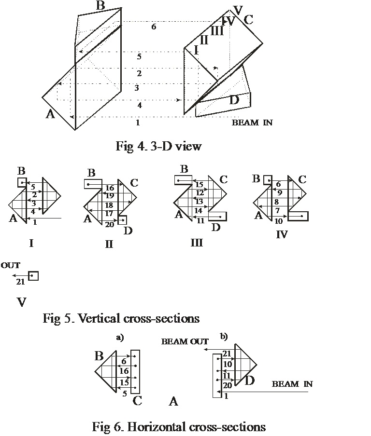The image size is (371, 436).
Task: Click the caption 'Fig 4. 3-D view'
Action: [x=158, y=146]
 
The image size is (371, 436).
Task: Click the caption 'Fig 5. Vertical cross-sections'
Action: [x=121, y=318]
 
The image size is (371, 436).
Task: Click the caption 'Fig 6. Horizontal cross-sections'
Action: [x=179, y=427]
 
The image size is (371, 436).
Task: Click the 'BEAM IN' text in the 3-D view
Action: [x=252, y=123]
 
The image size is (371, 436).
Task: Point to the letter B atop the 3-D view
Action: [x=100, y=6]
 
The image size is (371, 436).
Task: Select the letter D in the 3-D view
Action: [x=234, y=100]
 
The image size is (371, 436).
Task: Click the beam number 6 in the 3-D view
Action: [x=154, y=27]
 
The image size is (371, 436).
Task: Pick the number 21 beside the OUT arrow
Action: [x=20, y=281]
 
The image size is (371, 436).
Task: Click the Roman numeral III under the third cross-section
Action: [x=196, y=243]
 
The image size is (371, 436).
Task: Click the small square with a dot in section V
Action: [x=33, y=276]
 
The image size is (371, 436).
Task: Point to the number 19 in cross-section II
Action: [x=110, y=196]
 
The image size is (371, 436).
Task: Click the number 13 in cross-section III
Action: [x=199, y=201]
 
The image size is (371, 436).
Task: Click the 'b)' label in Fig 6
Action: [x=224, y=336]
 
